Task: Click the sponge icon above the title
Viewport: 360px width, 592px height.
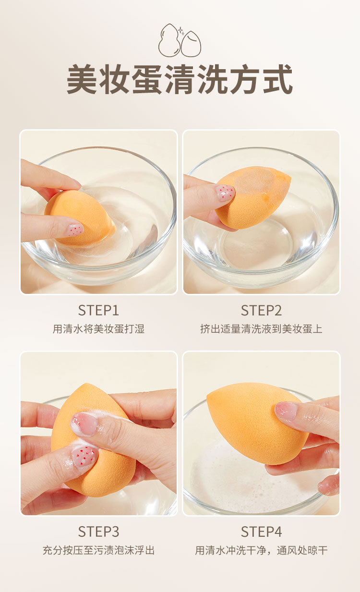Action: click(180, 40)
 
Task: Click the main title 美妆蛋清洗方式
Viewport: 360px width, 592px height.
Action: click(180, 80)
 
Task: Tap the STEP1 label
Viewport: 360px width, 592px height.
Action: click(98, 311)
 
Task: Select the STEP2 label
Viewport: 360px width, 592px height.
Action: click(261, 311)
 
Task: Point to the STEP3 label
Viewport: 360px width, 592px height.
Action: click(98, 532)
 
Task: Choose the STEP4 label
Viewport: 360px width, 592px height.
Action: click(261, 532)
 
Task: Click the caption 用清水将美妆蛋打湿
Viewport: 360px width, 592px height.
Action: click(98, 329)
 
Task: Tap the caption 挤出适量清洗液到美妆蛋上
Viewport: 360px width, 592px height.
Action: click(261, 329)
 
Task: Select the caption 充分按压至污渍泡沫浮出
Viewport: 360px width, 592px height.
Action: click(98, 550)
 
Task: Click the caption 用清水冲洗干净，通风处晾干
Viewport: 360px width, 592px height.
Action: click(261, 550)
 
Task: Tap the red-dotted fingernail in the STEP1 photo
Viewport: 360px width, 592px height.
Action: click(74, 230)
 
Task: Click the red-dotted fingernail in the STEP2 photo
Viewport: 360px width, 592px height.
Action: click(225, 193)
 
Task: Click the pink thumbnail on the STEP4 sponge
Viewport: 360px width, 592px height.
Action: click(286, 411)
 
